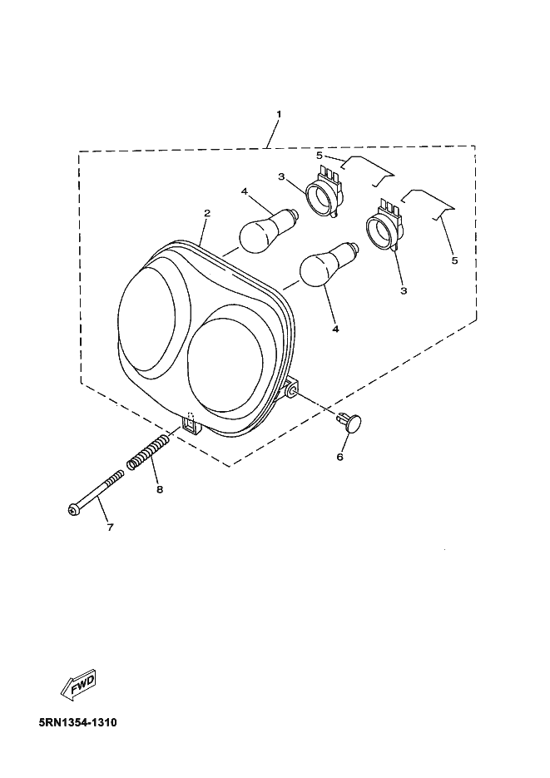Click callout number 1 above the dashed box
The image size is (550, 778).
[x=279, y=114]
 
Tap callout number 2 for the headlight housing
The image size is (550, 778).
[x=207, y=213]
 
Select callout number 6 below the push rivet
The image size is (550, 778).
[x=339, y=457]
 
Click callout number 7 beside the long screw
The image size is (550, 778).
[x=110, y=528]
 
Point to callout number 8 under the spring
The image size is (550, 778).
[x=159, y=489]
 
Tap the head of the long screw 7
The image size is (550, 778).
[x=72, y=509]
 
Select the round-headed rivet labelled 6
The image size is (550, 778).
[x=350, y=424]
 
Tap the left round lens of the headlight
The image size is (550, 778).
[x=146, y=319]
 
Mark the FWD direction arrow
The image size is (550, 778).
[x=78, y=685]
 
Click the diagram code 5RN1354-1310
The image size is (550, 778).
[x=78, y=722]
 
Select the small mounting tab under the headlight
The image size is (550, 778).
[x=191, y=424]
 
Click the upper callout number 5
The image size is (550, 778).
[x=319, y=156]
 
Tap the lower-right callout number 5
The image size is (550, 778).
[x=455, y=260]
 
